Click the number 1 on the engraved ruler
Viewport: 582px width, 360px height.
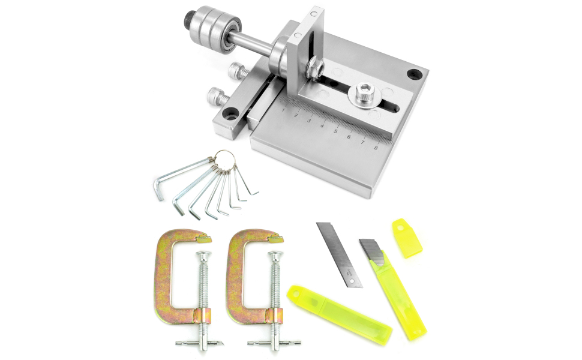click(283, 111)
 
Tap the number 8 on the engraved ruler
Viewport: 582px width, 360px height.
click(376, 148)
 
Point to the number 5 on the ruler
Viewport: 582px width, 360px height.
click(335, 131)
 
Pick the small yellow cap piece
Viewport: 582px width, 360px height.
click(407, 238)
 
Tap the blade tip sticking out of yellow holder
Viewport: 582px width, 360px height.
click(371, 250)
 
